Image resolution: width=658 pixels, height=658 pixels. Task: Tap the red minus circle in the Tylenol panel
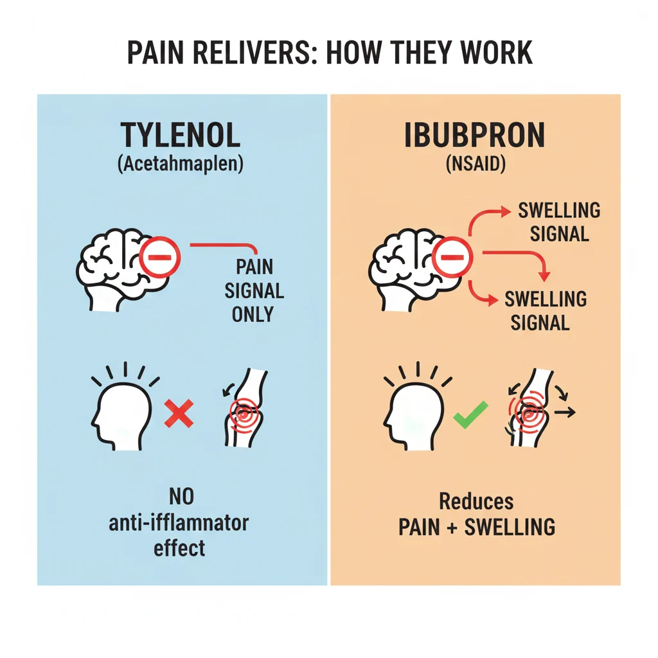[x=160, y=258]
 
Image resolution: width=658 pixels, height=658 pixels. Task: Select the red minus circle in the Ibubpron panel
[x=453, y=258]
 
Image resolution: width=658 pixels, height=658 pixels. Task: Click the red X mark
[x=179, y=413]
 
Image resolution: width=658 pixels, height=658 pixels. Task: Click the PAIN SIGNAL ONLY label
[x=254, y=290]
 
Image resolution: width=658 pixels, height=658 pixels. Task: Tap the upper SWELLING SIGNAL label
[x=558, y=222]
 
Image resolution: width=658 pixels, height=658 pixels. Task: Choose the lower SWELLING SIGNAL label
[x=545, y=310]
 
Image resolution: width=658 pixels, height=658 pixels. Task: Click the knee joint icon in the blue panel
[x=244, y=409]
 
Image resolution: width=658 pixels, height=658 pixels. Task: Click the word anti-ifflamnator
[x=179, y=522]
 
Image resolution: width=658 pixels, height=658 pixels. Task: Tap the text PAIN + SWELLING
[x=476, y=527]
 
